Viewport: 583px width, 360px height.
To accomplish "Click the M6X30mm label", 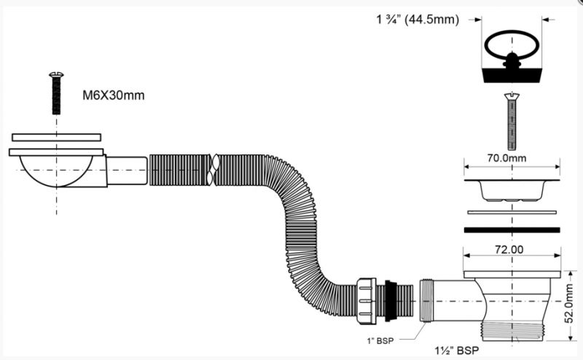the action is point(114,95).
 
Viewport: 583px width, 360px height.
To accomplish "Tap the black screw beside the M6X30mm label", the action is point(57,93).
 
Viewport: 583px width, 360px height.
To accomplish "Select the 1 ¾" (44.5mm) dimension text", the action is point(418,20).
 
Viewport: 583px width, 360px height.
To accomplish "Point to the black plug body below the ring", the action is point(512,76).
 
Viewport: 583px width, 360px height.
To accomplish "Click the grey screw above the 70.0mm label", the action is point(512,122).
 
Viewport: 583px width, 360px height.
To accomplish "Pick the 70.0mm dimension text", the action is point(506,158).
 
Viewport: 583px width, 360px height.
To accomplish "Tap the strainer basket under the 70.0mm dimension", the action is point(512,190).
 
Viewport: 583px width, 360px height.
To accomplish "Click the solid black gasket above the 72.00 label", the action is point(512,230).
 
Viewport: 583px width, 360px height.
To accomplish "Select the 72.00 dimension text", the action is point(509,249).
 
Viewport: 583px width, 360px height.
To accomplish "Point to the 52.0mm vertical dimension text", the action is point(569,303).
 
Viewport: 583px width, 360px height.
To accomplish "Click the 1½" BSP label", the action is point(457,351).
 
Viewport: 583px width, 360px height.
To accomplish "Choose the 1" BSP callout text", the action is point(380,340).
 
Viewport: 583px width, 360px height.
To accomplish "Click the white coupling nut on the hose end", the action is point(367,300).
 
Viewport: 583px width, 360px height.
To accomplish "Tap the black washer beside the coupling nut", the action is point(390,300).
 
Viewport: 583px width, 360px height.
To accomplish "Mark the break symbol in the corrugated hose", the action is point(213,170).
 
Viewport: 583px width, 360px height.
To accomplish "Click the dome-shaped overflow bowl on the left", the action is point(57,171).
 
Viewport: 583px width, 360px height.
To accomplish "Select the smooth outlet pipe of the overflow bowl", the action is point(127,171).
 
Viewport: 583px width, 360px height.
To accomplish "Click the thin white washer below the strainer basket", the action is point(512,212).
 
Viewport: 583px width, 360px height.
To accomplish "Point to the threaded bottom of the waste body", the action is point(512,331).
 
